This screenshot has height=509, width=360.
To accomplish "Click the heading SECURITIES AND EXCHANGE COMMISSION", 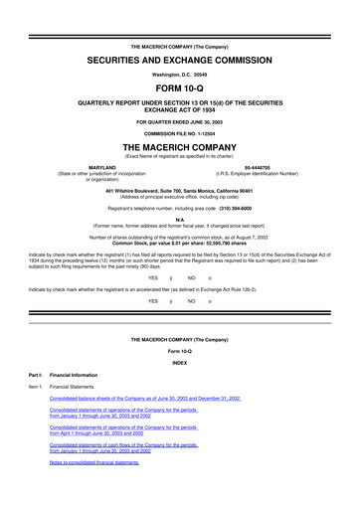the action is [180, 61].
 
